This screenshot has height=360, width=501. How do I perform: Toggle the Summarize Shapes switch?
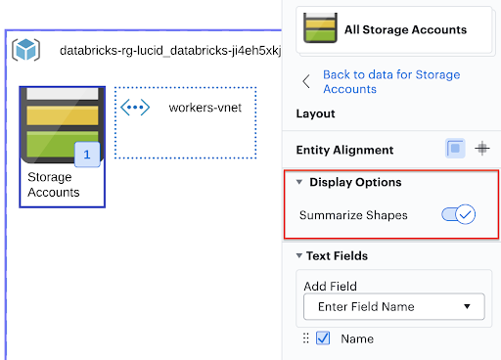[x=459, y=213]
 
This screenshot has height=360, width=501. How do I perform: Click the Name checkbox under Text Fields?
[x=324, y=338]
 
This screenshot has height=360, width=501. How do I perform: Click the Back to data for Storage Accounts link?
[x=390, y=81]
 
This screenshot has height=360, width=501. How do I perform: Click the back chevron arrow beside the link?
[x=306, y=81]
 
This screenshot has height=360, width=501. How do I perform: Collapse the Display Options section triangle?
[x=299, y=182]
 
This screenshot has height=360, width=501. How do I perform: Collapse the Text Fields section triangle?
[x=299, y=256]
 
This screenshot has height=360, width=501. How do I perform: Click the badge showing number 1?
[x=87, y=155]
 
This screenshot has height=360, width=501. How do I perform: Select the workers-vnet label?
[x=205, y=107]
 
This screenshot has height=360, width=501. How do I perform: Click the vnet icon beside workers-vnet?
[x=135, y=107]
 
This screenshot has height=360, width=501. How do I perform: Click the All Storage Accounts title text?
[x=405, y=29]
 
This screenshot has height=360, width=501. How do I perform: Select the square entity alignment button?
[x=455, y=150]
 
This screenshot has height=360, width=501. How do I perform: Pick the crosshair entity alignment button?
[x=481, y=150]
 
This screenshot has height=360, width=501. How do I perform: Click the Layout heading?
[x=315, y=113]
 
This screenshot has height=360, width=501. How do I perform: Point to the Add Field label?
[x=332, y=286]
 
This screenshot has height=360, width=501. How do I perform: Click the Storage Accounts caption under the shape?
[x=54, y=185]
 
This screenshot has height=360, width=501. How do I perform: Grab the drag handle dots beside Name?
[x=305, y=338]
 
